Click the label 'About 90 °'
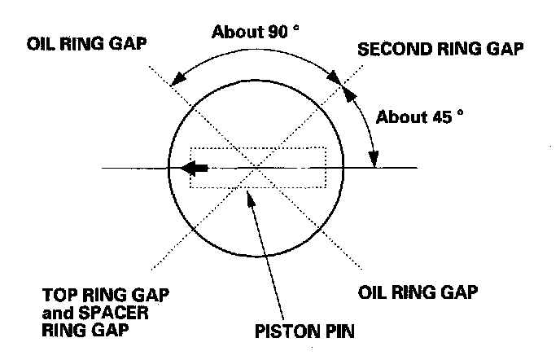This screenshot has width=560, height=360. pos(256,33)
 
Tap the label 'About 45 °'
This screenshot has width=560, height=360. pos(419,116)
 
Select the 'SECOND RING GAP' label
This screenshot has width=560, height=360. pos(440,50)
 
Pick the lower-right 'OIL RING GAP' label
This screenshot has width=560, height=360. pos(414,290)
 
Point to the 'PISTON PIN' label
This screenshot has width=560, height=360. pos(304,332)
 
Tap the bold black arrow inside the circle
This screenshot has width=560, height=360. pos(195,169)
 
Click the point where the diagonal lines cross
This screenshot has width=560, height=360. pos(257,168)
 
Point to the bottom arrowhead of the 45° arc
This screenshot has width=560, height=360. pos(374,164)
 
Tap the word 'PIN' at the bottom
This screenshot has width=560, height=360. pos(335,332)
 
